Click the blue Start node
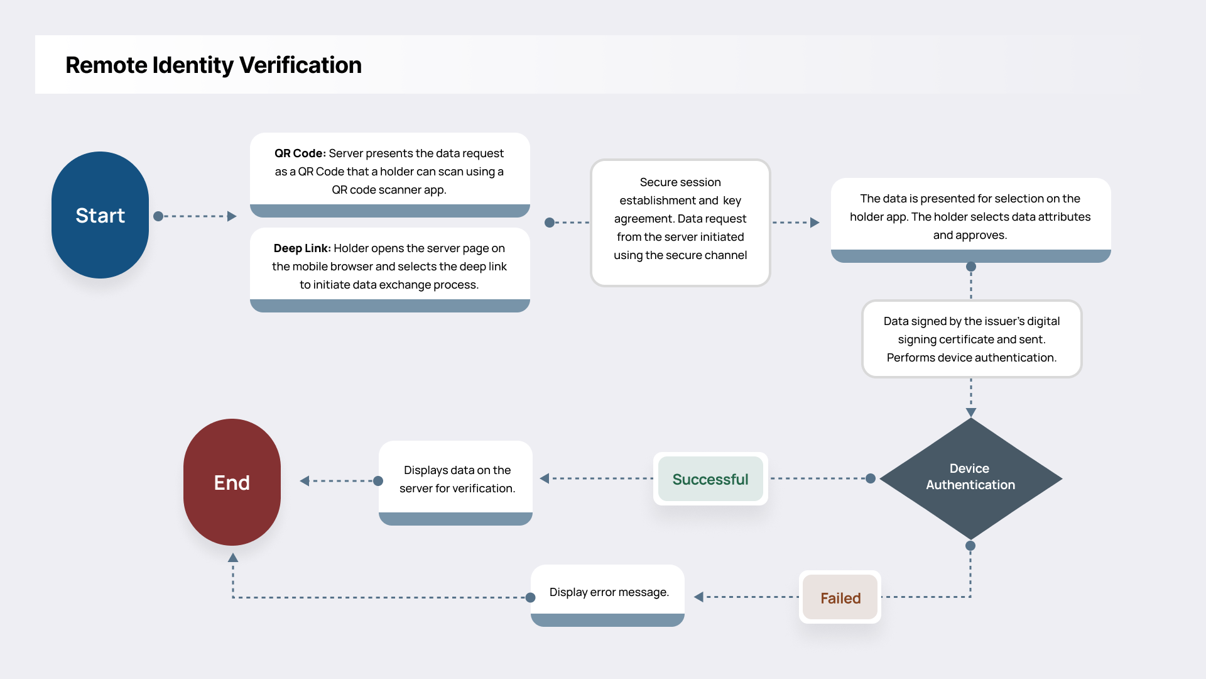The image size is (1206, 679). point(100,215)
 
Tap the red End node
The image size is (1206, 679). point(232,482)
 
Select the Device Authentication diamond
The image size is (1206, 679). point(970,478)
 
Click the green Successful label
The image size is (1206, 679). point(710,479)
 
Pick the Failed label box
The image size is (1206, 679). point(840,598)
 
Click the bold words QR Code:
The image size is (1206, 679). point(300,153)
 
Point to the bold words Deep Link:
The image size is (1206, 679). point(301,248)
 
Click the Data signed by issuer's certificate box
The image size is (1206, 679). point(971,339)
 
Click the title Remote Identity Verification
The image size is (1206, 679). point(214,65)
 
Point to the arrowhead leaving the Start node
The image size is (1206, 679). point(232,216)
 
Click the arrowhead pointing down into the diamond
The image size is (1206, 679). point(971,412)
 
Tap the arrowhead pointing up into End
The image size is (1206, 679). point(233,558)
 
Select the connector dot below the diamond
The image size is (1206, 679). point(970,546)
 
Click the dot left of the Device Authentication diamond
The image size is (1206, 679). point(871,478)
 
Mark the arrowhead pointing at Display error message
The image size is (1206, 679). point(698,597)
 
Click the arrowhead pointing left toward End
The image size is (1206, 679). point(305,481)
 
